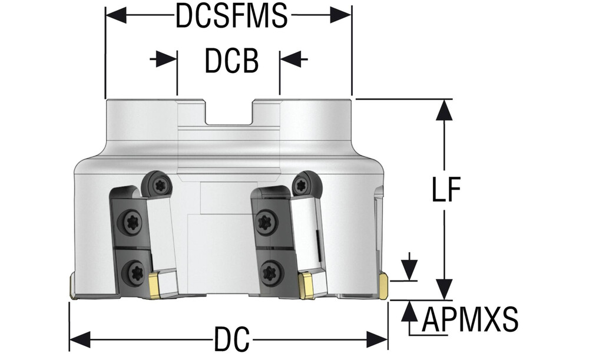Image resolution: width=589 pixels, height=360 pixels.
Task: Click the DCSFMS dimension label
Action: (231, 16)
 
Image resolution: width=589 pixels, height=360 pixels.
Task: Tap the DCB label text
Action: (231, 61)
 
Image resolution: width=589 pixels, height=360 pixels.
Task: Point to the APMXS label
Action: (470, 322)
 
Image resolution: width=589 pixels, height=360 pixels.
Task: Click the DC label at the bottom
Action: (231, 340)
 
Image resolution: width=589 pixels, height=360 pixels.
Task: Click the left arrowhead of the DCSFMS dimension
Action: (115, 15)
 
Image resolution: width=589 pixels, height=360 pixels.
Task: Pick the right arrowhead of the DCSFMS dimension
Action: (341, 15)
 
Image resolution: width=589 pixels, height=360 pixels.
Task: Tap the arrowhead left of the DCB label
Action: (168, 59)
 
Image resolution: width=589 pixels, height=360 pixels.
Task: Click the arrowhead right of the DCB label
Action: (289, 59)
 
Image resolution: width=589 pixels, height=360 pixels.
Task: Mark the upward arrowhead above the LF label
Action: (445, 110)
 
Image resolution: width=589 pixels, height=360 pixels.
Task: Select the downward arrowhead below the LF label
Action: (445, 289)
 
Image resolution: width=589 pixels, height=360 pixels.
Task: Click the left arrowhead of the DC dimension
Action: (80, 340)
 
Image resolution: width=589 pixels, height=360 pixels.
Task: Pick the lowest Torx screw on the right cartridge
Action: (270, 272)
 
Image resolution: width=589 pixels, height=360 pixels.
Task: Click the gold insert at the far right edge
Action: (383, 287)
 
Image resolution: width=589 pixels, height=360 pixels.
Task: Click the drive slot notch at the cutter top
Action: (229, 112)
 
